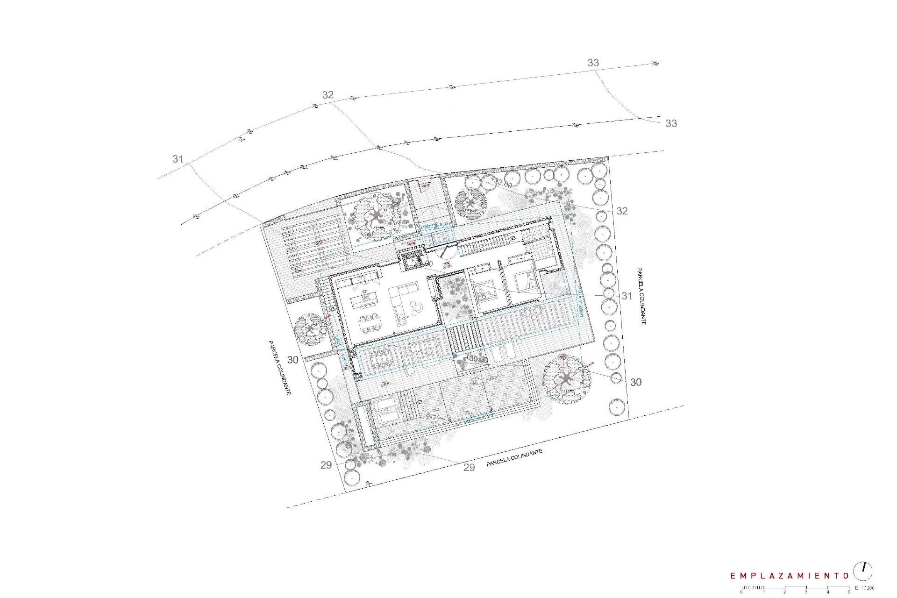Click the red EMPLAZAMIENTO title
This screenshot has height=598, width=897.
(789, 576)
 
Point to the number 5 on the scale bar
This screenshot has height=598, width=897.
(848, 592)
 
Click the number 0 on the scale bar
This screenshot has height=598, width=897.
(741, 592)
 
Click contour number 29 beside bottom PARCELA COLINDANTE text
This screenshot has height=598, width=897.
(469, 467)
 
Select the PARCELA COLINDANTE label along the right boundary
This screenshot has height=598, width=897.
(641, 296)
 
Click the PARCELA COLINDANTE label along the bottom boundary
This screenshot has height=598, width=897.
(514, 458)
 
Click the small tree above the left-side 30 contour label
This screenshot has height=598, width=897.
(310, 329)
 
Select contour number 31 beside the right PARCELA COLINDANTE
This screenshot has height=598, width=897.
(626, 296)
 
